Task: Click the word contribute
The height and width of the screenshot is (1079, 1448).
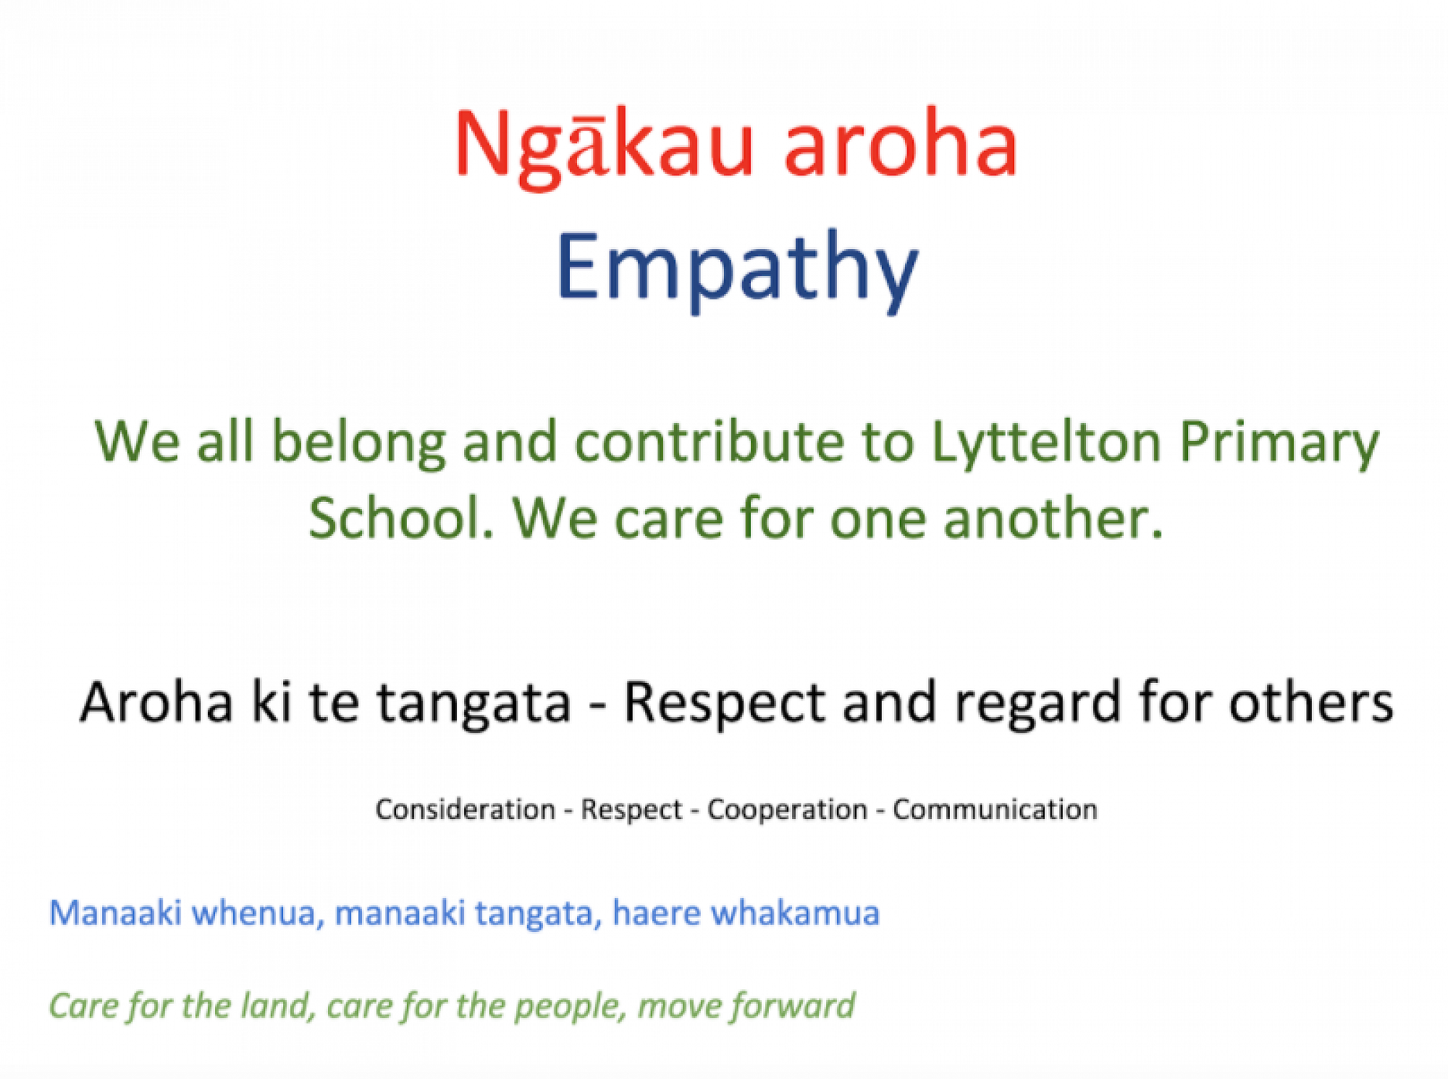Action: click(710, 441)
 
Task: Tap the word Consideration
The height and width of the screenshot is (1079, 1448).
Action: click(465, 809)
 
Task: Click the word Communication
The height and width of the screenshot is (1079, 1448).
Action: click(995, 809)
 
